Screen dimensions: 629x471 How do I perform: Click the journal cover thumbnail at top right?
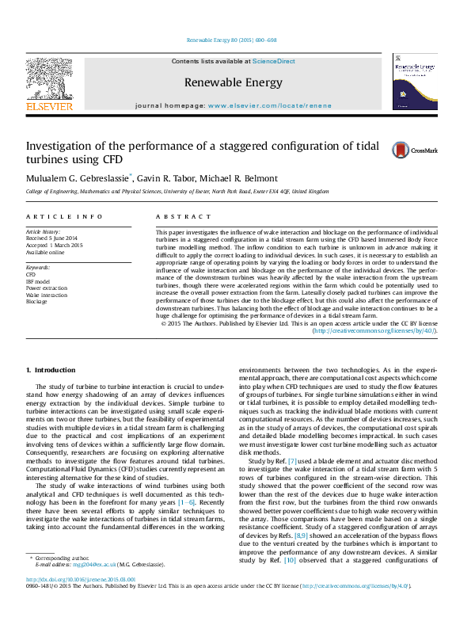415,85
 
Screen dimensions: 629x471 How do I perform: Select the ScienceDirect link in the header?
273,61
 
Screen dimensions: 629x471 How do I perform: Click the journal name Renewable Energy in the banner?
233,82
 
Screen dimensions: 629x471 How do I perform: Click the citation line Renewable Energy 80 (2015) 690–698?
231,40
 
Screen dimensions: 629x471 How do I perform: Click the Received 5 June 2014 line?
51,238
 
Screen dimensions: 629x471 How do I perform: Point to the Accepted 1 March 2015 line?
54,245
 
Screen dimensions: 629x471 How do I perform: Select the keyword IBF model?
37,281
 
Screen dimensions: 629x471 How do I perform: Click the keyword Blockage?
36,302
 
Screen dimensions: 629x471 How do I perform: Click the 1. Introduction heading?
51,370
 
